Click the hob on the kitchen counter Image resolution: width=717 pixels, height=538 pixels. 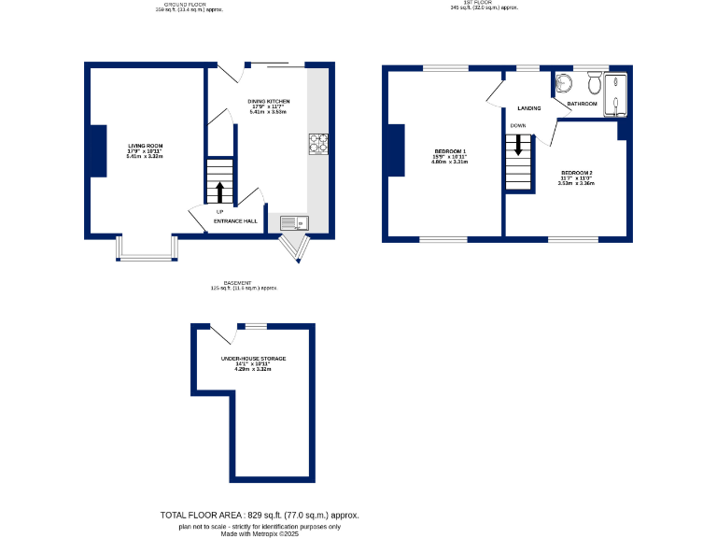point(318,143)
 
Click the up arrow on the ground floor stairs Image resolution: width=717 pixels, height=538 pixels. point(220,191)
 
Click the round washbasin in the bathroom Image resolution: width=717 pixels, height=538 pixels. point(561,84)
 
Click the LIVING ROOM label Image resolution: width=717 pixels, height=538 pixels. point(146,146)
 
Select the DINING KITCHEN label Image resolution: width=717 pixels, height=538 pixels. point(268,101)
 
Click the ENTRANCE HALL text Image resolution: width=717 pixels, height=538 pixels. point(235,221)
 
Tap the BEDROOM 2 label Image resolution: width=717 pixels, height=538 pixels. point(576,173)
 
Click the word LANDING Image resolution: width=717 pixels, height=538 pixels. point(529,107)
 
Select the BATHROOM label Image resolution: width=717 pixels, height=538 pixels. point(582,104)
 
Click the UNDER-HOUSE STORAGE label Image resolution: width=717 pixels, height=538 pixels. point(253,359)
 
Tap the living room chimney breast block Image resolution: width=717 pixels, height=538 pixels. point(96,149)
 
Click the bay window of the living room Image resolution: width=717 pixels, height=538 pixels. point(147,248)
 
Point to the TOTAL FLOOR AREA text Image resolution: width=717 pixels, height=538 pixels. point(260,516)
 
